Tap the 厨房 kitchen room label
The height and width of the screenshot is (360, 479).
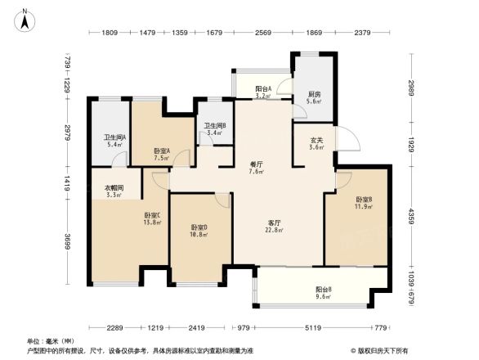[x=314, y=93]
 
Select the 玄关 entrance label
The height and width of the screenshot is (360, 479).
[x=316, y=140]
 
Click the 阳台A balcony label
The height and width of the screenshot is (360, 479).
[x=262, y=88]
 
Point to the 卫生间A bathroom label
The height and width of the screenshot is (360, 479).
[x=114, y=137]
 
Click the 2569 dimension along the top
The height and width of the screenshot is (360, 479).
[x=262, y=33]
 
